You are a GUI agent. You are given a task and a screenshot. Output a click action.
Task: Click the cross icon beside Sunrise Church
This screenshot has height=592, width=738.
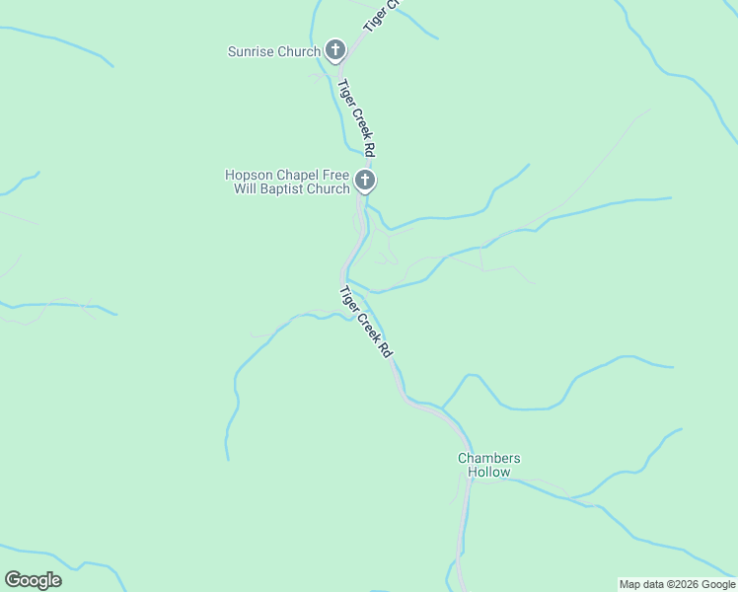pyautogui.click(x=335, y=50)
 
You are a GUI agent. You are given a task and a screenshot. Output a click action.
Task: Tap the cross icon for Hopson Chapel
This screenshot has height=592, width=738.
pyautogui.click(x=365, y=181)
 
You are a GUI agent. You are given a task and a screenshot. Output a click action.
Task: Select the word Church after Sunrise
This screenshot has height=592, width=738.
pyautogui.click(x=299, y=51)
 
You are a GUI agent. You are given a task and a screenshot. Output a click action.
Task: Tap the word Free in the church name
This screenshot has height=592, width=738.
pyautogui.click(x=333, y=176)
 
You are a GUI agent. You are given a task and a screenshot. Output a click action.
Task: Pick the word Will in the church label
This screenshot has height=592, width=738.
pyautogui.click(x=245, y=188)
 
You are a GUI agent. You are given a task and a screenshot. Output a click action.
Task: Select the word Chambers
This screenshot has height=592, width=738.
pyautogui.click(x=488, y=458)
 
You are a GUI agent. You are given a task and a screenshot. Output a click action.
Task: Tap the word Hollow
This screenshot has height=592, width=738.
pyautogui.click(x=488, y=472)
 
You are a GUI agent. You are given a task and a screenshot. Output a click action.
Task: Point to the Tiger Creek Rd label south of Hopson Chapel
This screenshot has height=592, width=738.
pyautogui.click(x=366, y=322)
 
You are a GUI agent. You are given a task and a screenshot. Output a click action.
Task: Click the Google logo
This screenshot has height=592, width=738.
pyautogui.click(x=33, y=580)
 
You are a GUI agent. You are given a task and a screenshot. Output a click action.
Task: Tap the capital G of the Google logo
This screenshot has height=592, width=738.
pyautogui.click(x=13, y=580)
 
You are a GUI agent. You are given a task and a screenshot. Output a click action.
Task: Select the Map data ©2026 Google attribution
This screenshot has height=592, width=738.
pyautogui.click(x=678, y=584)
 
